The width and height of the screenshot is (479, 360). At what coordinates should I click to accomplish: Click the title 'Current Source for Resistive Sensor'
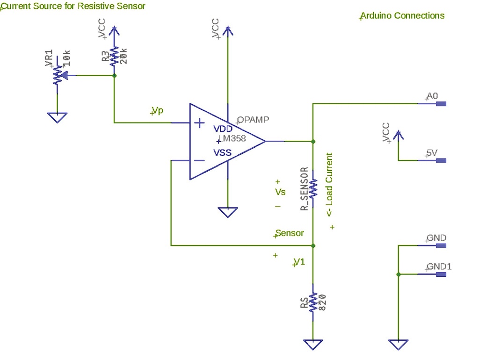[73, 6]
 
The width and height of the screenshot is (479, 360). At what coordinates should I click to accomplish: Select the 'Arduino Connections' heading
[403, 15]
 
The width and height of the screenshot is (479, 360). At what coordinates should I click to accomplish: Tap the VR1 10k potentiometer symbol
[58, 75]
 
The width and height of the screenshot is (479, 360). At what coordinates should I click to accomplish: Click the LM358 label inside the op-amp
[232, 139]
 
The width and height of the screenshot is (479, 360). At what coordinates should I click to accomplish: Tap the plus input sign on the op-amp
[199, 123]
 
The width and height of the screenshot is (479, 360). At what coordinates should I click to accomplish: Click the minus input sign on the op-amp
[199, 160]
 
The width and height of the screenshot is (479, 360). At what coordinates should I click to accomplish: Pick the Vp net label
[158, 110]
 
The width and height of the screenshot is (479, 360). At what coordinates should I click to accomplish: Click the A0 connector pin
[441, 104]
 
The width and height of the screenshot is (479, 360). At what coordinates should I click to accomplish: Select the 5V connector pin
[441, 161]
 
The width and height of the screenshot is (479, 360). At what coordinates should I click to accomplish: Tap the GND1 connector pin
[441, 274]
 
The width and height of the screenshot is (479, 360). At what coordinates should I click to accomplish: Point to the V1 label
[299, 262]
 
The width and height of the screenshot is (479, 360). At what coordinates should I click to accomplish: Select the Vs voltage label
[280, 192]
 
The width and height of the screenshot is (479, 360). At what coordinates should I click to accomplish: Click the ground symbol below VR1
[58, 117]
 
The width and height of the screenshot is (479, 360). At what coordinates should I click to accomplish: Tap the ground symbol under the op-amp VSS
[228, 212]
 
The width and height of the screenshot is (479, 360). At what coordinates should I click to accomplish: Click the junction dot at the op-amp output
[313, 141]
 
